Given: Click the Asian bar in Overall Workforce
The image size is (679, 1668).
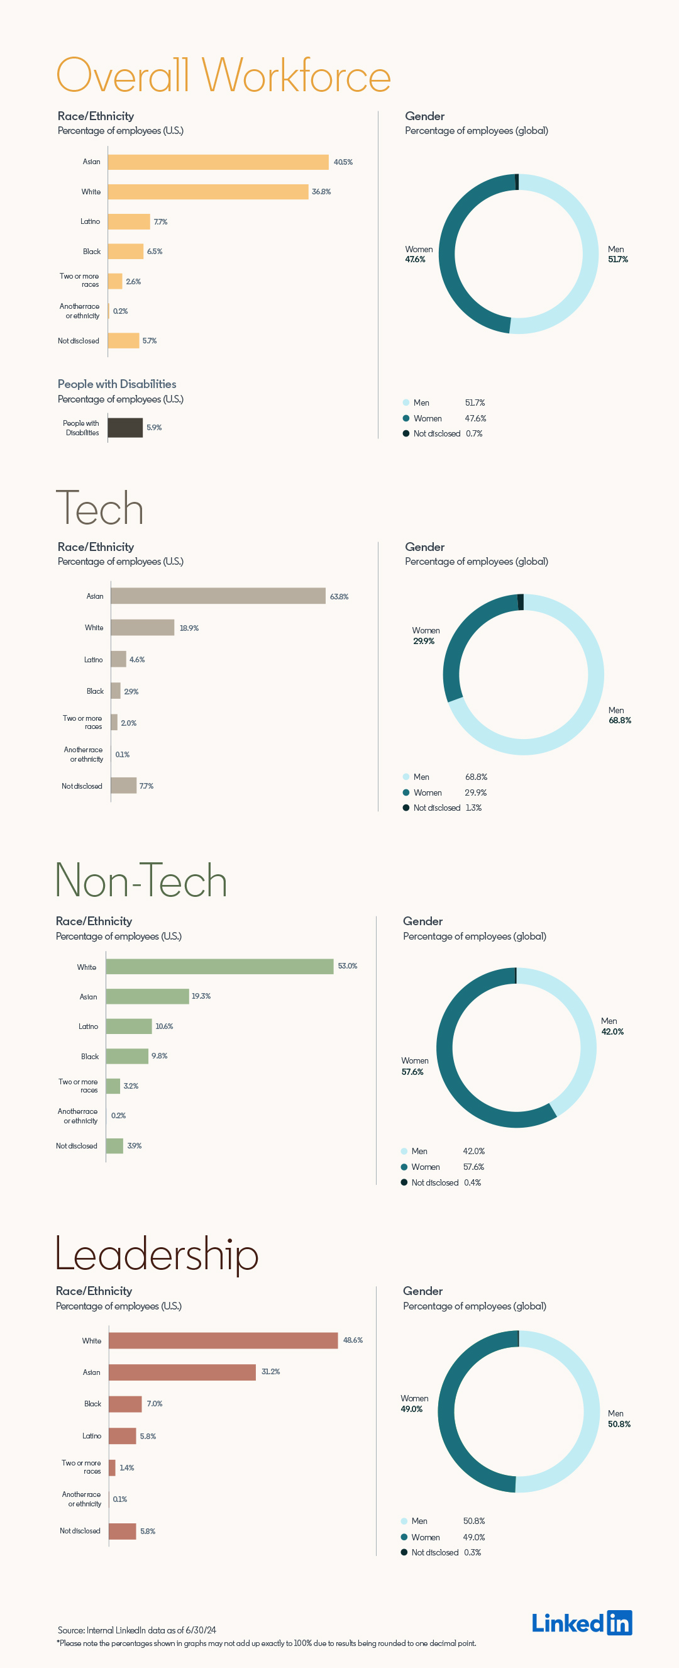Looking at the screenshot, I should (x=218, y=162).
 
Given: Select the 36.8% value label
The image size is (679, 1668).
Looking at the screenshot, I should (x=321, y=192).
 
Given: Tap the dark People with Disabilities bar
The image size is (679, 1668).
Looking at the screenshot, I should (x=125, y=427).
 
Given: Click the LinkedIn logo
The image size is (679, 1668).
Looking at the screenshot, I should (x=582, y=1623).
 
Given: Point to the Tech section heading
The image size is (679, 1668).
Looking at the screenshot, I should (x=100, y=508).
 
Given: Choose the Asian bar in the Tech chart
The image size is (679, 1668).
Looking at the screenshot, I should (x=218, y=596).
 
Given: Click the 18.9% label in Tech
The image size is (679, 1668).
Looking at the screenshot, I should (x=189, y=628).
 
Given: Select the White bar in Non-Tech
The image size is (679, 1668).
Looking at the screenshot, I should (x=219, y=966).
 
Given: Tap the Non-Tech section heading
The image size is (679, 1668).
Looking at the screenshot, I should (x=141, y=881).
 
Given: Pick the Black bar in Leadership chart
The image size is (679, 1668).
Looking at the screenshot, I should (x=125, y=1404).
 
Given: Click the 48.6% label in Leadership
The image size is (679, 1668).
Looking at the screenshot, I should (x=353, y=1340).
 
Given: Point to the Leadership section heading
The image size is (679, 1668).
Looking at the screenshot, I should (x=157, y=1254).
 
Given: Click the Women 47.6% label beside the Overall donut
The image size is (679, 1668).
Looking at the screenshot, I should (x=418, y=255).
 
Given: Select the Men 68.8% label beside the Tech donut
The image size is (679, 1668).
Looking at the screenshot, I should (x=619, y=716).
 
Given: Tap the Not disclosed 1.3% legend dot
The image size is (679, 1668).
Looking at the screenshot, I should (x=406, y=808).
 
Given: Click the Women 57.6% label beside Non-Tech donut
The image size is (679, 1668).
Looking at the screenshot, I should (x=414, y=1067).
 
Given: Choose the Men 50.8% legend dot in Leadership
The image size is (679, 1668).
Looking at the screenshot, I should (x=404, y=1521).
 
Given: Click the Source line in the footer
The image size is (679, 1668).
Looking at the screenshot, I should (x=136, y=1630).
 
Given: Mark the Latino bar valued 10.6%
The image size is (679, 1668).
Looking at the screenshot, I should (x=129, y=1026).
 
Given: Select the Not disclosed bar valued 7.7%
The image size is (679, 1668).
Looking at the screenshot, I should (x=124, y=786).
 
